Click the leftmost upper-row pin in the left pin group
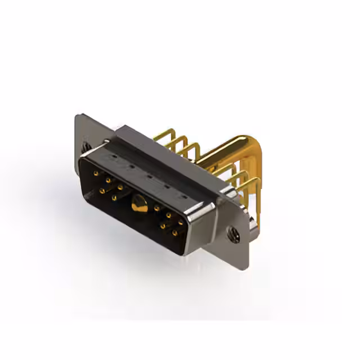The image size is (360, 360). [95, 174]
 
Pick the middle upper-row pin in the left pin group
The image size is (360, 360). [107, 181]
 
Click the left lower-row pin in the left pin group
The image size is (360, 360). [102, 191]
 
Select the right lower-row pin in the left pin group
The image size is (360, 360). [114, 197]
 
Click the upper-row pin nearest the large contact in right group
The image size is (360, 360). [156, 208]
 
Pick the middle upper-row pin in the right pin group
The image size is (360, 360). [168, 215]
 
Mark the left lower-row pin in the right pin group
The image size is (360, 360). [163, 226]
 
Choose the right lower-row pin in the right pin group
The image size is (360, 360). [174, 232]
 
